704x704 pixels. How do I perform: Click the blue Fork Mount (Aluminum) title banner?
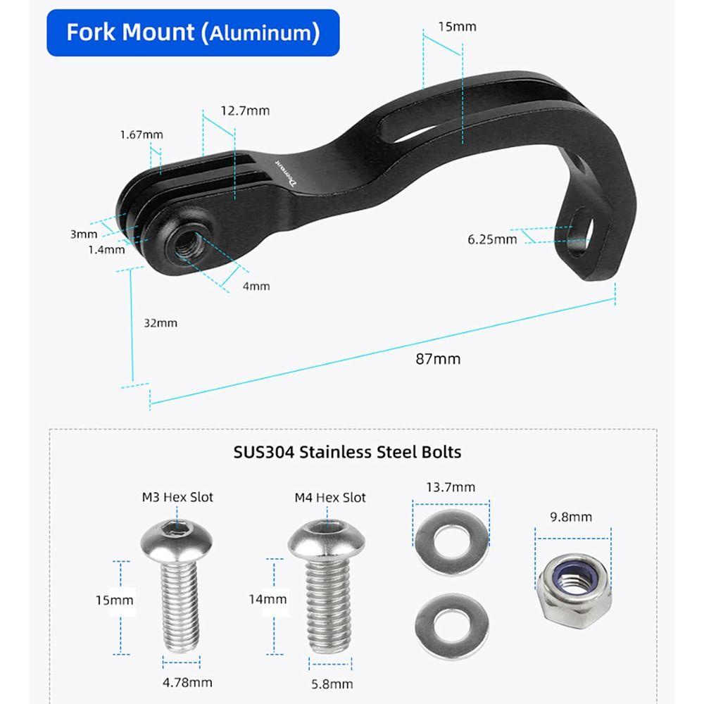(x=193, y=33)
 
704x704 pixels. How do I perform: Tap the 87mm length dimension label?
(x=438, y=359)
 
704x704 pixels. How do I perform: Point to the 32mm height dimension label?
(x=161, y=323)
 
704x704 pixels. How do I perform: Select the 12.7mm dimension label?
(x=245, y=111)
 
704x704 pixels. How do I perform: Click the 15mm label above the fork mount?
(x=457, y=27)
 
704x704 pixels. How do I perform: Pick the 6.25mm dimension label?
(x=492, y=239)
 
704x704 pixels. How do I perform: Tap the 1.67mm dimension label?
(x=142, y=134)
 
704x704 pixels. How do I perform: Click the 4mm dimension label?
(x=256, y=286)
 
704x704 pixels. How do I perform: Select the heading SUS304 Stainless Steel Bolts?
(x=347, y=452)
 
